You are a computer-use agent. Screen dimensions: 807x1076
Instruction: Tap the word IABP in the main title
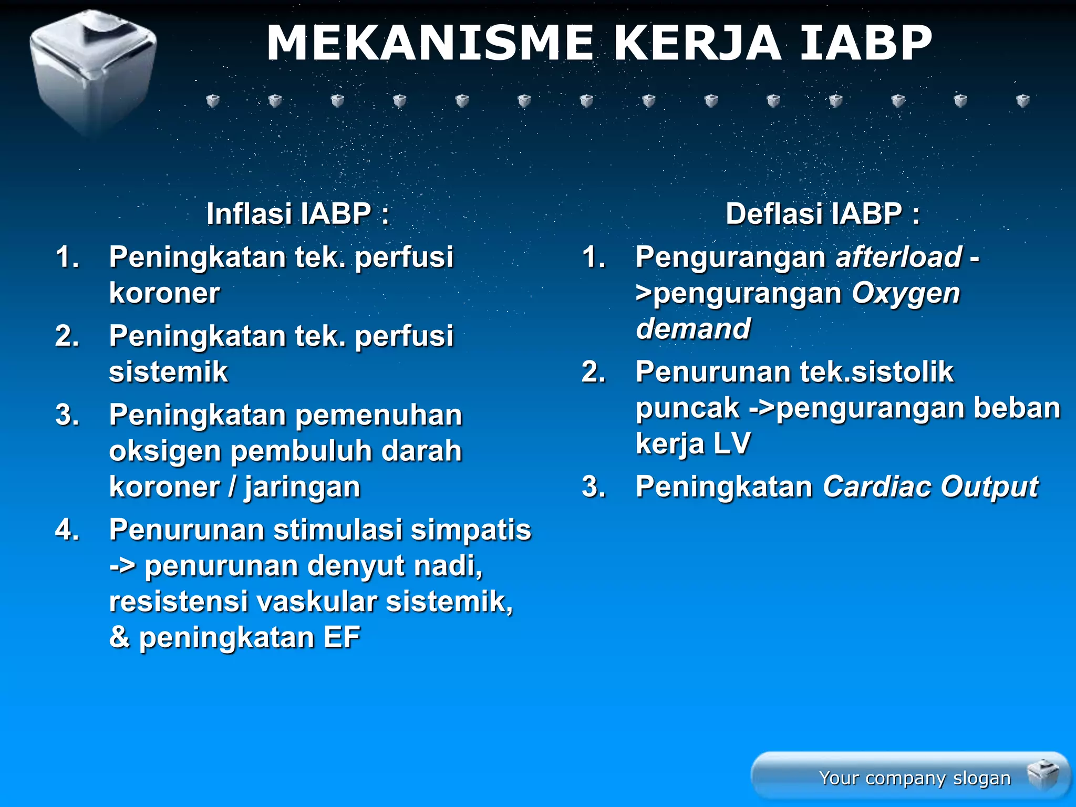865,43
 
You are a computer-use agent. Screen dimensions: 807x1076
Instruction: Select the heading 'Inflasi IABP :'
298,214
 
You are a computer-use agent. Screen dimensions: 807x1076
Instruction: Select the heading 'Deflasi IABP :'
823,214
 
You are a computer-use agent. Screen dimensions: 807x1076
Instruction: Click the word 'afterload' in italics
898,257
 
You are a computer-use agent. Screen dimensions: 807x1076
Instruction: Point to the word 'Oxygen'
906,293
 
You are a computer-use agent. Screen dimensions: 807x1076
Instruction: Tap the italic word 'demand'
693,329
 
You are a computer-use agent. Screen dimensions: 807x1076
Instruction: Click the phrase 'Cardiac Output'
930,487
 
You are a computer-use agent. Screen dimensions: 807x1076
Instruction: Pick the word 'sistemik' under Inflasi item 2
169,372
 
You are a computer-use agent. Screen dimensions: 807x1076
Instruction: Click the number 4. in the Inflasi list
67,530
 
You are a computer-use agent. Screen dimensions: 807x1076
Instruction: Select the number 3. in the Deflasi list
594,487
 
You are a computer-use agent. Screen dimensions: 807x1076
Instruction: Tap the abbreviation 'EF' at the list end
342,637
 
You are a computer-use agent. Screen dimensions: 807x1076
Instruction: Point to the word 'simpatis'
471,530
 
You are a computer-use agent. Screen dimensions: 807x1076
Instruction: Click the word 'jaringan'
303,487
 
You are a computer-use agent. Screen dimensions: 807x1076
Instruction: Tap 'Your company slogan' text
915,778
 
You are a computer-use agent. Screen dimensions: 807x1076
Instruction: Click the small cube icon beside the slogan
1043,775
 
